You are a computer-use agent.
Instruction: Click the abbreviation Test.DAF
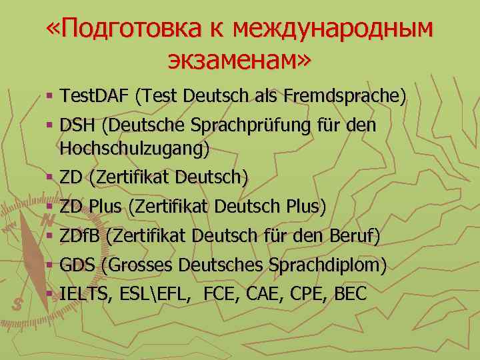pos(93,97)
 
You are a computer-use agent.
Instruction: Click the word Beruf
pos(355,235)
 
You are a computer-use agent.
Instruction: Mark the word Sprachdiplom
pos(327,265)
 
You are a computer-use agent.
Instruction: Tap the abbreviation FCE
pos(220,293)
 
